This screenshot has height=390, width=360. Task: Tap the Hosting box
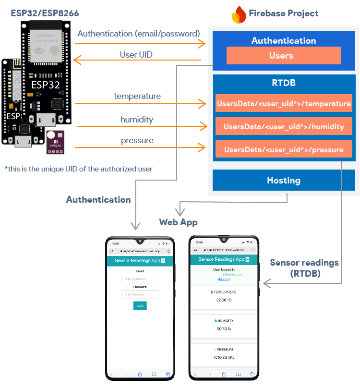(284, 181)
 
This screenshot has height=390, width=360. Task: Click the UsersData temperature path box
(284, 104)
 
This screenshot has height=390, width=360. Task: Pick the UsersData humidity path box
(284, 127)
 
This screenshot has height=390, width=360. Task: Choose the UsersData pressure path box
(284, 150)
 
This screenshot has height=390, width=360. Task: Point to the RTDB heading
(284, 83)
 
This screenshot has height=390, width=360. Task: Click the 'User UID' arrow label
(136, 55)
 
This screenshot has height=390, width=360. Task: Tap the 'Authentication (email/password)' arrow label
(138, 34)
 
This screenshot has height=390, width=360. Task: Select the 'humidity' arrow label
(137, 120)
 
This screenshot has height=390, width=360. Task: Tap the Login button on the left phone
(140, 305)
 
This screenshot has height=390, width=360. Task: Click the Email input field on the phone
(141, 279)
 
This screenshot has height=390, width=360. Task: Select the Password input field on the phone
(141, 294)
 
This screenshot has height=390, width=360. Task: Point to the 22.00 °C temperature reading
(224, 300)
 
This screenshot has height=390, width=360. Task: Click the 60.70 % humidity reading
(224, 329)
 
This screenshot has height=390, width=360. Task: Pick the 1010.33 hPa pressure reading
(224, 358)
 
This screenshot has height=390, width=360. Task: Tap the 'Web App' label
(179, 222)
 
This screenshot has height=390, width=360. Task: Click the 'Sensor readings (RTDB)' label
(304, 268)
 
